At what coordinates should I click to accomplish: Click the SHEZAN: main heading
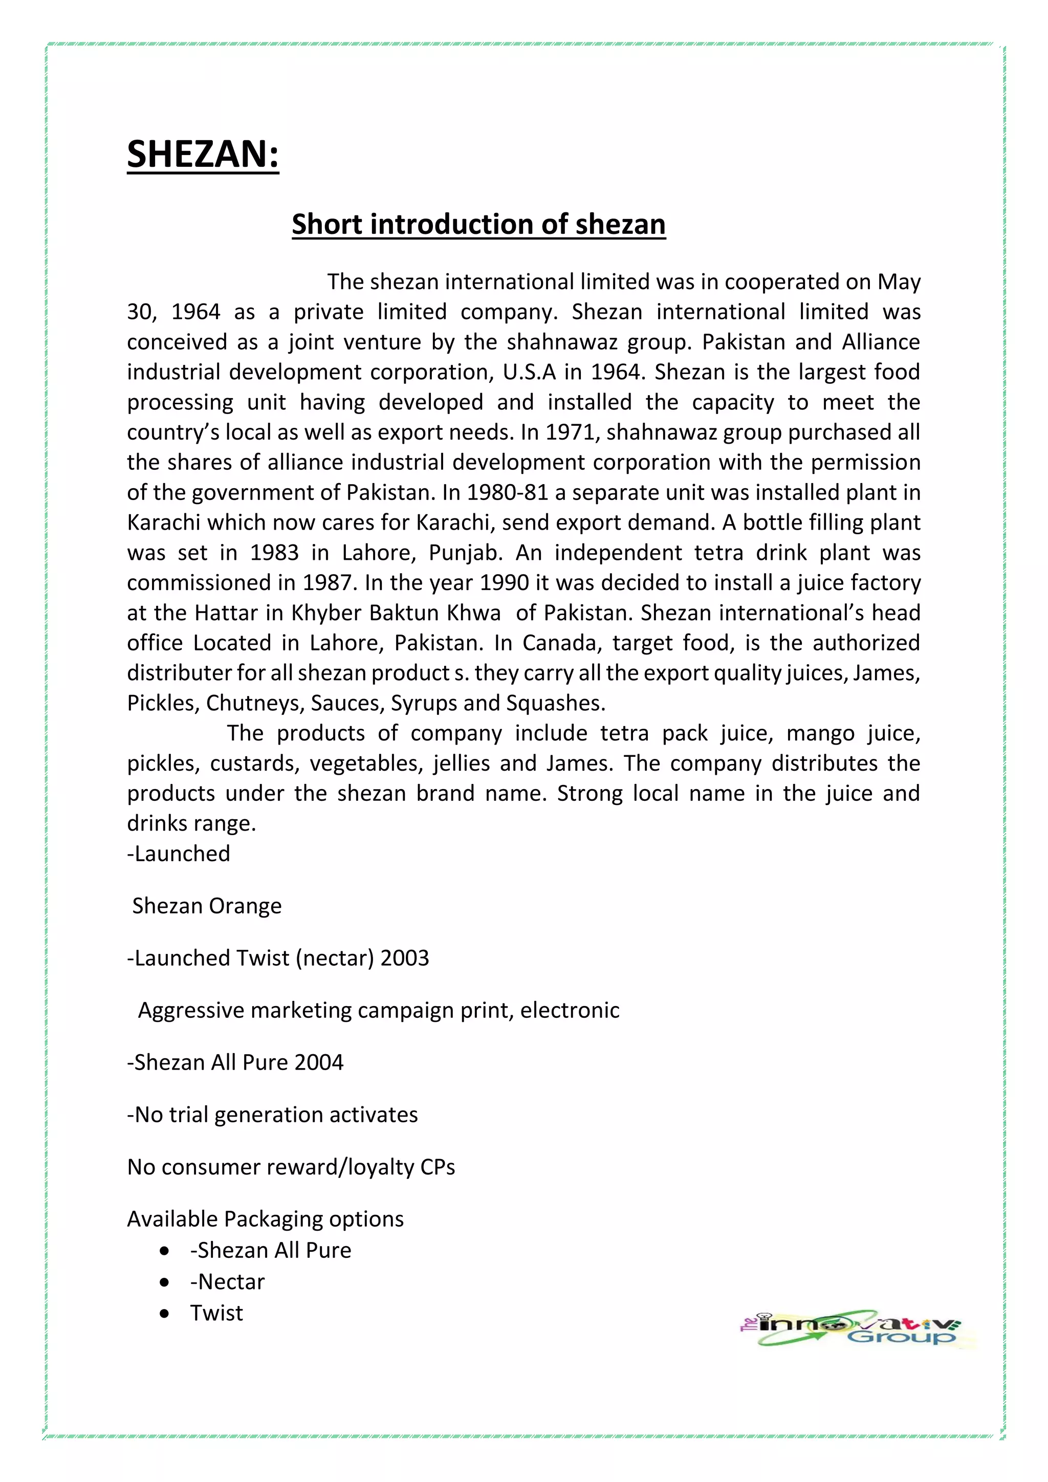coord(203,155)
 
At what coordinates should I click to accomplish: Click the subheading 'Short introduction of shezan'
coord(478,225)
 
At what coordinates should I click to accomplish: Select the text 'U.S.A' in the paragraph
coord(529,373)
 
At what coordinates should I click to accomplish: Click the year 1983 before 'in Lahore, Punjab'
coord(274,553)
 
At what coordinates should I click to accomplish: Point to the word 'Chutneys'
coord(254,703)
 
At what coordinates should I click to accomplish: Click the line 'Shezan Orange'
coord(207,906)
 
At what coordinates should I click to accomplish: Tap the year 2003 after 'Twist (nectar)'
coord(405,958)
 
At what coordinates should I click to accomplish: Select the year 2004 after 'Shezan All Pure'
coord(319,1062)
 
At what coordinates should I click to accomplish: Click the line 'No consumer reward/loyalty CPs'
coord(291,1167)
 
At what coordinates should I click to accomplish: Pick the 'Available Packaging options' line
coord(265,1219)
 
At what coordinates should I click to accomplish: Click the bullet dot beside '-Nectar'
coord(165,1282)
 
